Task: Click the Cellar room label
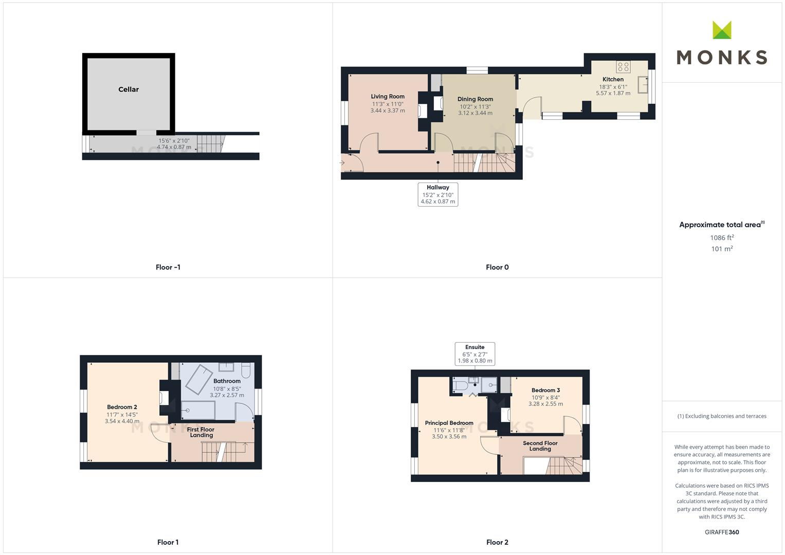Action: [129, 89]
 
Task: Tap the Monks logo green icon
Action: [722, 30]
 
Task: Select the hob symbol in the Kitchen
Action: [623, 67]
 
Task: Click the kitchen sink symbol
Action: [643, 85]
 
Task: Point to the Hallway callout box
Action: [437, 194]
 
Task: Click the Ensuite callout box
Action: [474, 354]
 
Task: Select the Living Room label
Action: [388, 97]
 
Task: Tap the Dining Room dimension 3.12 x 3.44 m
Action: [475, 113]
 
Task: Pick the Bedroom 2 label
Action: [122, 407]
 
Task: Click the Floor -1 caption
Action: [168, 267]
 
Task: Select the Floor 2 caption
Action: [497, 542]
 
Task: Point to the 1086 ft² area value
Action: [722, 237]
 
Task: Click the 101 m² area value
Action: [722, 249]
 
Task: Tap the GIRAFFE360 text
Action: [722, 532]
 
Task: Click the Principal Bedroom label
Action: [449, 423]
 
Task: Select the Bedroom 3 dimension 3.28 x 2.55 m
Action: [545, 404]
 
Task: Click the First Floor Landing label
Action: [200, 432]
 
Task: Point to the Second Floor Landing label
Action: [540, 446]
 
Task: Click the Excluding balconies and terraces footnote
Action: [722, 416]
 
